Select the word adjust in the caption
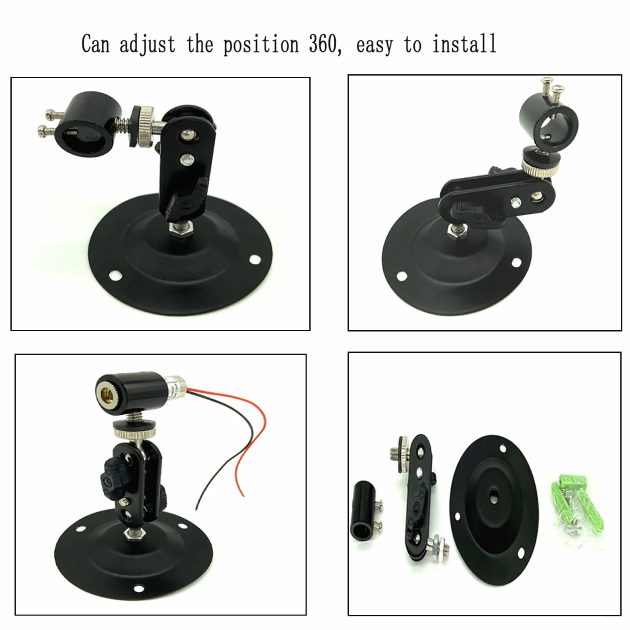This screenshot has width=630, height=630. pyautogui.click(x=147, y=45)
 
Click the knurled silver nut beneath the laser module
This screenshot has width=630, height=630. pyautogui.click(x=135, y=432)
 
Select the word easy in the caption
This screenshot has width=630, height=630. pyautogui.click(x=375, y=45)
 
